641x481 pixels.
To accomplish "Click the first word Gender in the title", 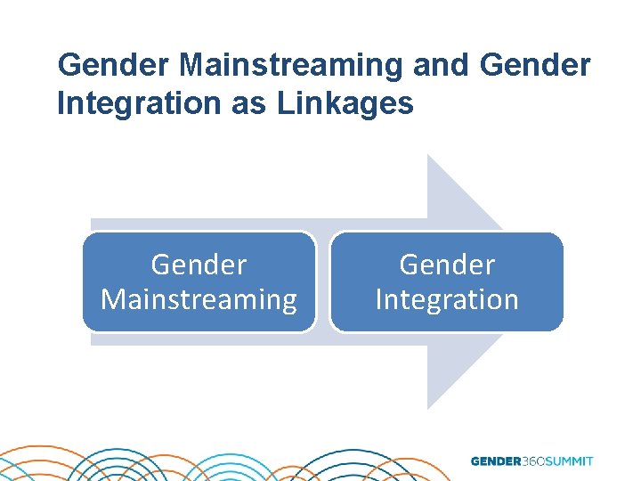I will [x=114, y=65].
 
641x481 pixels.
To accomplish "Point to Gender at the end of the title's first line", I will [x=534, y=65].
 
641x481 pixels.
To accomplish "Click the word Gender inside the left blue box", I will [x=199, y=265].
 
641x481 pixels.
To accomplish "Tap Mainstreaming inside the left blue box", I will [x=199, y=299].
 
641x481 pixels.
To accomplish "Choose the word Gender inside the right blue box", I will [x=447, y=265].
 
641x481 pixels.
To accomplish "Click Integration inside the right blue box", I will [x=447, y=299].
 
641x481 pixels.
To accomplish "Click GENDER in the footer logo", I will [x=496, y=461].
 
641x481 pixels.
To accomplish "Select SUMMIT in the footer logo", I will [x=571, y=461].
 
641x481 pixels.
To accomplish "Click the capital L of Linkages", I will [x=284, y=103].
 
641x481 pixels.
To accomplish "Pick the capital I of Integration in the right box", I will [x=379, y=299].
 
